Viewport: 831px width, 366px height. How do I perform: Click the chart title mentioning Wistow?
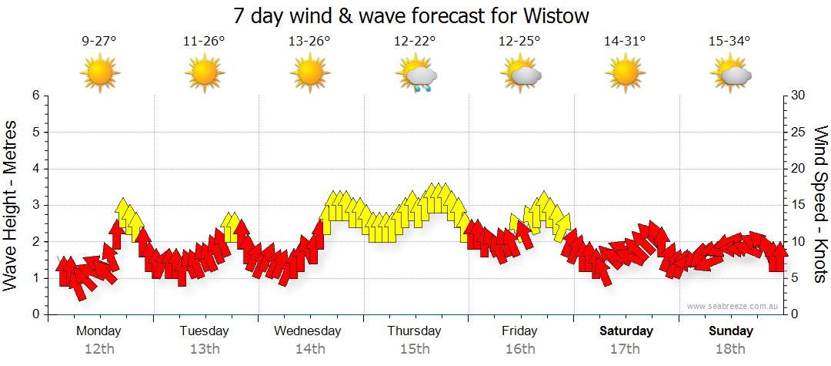(x=415, y=16)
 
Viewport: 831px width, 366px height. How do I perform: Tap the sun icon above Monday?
(x=100, y=74)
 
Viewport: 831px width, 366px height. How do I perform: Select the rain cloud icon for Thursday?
(x=416, y=76)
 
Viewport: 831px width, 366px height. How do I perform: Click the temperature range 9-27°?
(x=99, y=42)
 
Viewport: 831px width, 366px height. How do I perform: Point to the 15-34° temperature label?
(x=729, y=42)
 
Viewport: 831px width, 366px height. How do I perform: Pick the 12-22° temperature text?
(x=415, y=42)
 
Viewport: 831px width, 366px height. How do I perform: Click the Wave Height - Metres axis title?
(x=12, y=205)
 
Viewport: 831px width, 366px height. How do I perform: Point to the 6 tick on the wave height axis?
(x=35, y=96)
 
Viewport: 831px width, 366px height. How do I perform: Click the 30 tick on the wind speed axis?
(x=799, y=96)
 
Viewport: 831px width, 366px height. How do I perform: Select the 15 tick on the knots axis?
(x=799, y=205)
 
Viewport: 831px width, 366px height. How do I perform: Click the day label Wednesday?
(x=308, y=331)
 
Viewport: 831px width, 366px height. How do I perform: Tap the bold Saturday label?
(x=626, y=331)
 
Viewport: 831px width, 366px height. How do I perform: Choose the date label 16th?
(x=520, y=348)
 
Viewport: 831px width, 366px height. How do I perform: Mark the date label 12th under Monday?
(x=99, y=348)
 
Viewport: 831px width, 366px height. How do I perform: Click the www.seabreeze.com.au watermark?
(x=733, y=306)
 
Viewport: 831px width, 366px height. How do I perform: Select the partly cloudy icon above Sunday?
(x=732, y=75)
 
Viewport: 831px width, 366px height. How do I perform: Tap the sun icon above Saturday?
(x=625, y=74)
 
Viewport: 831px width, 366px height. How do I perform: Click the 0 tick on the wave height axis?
(x=35, y=314)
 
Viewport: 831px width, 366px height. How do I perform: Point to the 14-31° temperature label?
(x=625, y=42)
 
